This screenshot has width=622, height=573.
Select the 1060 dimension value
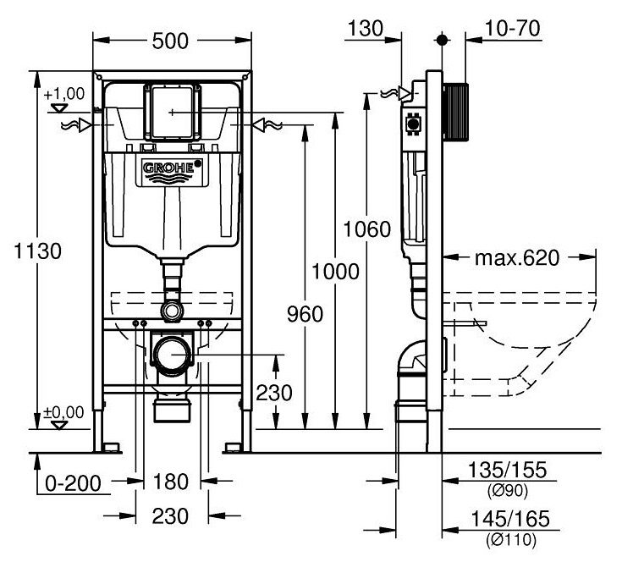(367, 229)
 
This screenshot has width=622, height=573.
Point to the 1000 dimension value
(335, 272)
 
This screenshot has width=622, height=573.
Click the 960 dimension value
(305, 314)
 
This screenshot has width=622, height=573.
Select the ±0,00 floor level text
(64, 412)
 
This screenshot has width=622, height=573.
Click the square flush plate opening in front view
(173, 111)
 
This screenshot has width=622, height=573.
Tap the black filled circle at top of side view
(441, 39)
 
